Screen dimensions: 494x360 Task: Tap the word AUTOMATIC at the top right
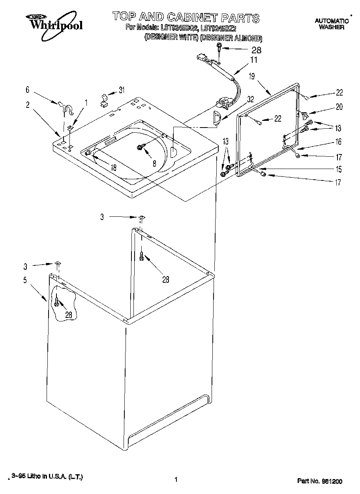[x=331, y=21]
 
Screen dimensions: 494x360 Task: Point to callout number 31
[x=122, y=90]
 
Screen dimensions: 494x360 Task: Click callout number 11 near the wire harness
[x=253, y=60]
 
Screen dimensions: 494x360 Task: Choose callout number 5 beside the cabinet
[x=25, y=281]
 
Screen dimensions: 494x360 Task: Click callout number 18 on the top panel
[x=113, y=167]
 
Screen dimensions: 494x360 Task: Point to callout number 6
[x=27, y=90]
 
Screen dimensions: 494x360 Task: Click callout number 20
[x=339, y=107]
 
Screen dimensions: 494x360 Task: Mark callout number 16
[x=339, y=142]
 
